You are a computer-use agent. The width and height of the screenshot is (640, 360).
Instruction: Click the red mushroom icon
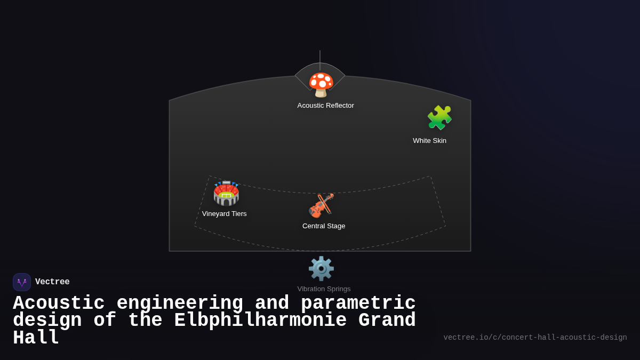[x=321, y=85]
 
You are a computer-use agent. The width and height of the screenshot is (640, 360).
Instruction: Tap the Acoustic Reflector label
[x=325, y=106]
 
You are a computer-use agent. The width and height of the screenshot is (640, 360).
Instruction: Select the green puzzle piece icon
[x=439, y=117]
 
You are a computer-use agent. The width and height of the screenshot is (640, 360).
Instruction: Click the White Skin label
[x=429, y=141]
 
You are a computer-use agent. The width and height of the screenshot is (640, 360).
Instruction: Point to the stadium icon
[x=226, y=193]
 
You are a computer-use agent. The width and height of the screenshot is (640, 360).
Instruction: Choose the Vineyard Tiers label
[x=225, y=214]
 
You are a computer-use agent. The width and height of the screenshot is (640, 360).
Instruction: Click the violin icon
[x=321, y=206]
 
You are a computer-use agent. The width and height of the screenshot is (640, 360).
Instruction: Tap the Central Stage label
[x=324, y=226]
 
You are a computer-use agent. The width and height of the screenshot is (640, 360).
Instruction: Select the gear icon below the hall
[x=321, y=269]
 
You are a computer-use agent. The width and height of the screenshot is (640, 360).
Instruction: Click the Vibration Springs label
[x=324, y=289]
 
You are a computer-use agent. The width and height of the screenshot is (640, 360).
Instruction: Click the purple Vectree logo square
[x=22, y=282]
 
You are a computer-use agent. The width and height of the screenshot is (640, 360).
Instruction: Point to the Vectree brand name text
[x=52, y=282]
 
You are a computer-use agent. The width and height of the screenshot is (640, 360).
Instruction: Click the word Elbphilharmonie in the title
[x=261, y=320]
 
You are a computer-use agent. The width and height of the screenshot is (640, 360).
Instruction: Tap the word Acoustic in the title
[x=59, y=303]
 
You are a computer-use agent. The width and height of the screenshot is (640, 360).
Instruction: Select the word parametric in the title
[x=358, y=303]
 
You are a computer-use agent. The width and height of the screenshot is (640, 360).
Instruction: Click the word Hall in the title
[x=36, y=338]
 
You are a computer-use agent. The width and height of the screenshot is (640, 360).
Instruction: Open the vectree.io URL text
[x=535, y=338]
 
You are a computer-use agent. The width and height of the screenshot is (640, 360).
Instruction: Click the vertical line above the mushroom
[x=320, y=60]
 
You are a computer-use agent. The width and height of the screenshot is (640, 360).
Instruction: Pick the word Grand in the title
[x=387, y=320]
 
